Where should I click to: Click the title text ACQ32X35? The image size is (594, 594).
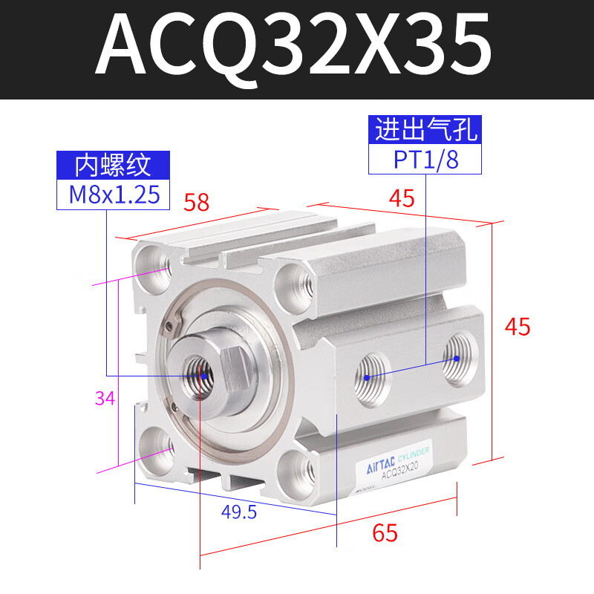(293, 46)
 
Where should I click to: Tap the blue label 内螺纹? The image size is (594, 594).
(114, 164)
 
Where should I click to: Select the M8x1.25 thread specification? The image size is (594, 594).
(114, 195)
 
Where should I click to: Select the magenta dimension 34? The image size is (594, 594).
(105, 399)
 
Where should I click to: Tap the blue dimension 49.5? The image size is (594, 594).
(239, 512)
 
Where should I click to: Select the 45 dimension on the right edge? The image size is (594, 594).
(518, 326)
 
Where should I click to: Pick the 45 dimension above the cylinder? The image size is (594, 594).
(401, 198)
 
